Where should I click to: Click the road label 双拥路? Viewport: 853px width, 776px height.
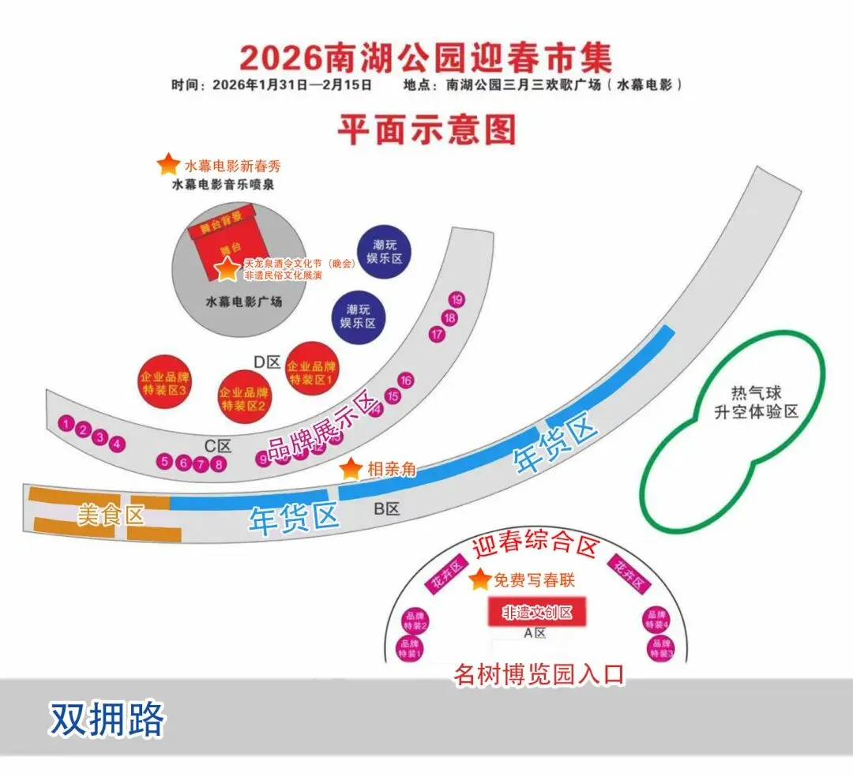[107, 720]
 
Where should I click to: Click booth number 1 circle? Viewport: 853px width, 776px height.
[66, 425]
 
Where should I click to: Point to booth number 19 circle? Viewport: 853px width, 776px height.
[457, 299]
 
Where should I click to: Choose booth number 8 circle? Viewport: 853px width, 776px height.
[219, 464]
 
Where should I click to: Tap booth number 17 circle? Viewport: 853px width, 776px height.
[437, 335]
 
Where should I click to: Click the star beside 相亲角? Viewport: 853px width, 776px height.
[351, 469]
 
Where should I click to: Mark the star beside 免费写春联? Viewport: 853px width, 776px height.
[479, 580]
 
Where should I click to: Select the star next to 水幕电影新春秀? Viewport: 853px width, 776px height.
[168, 164]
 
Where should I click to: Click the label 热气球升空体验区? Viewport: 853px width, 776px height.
[756, 403]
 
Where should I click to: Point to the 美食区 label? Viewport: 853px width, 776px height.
[111, 515]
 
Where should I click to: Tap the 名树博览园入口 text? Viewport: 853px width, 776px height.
[539, 674]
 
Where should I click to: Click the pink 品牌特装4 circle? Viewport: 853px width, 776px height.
[657, 619]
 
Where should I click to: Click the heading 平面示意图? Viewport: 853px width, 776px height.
[426, 129]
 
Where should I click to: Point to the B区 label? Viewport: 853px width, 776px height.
[387, 509]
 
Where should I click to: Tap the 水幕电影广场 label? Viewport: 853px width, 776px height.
[244, 302]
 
